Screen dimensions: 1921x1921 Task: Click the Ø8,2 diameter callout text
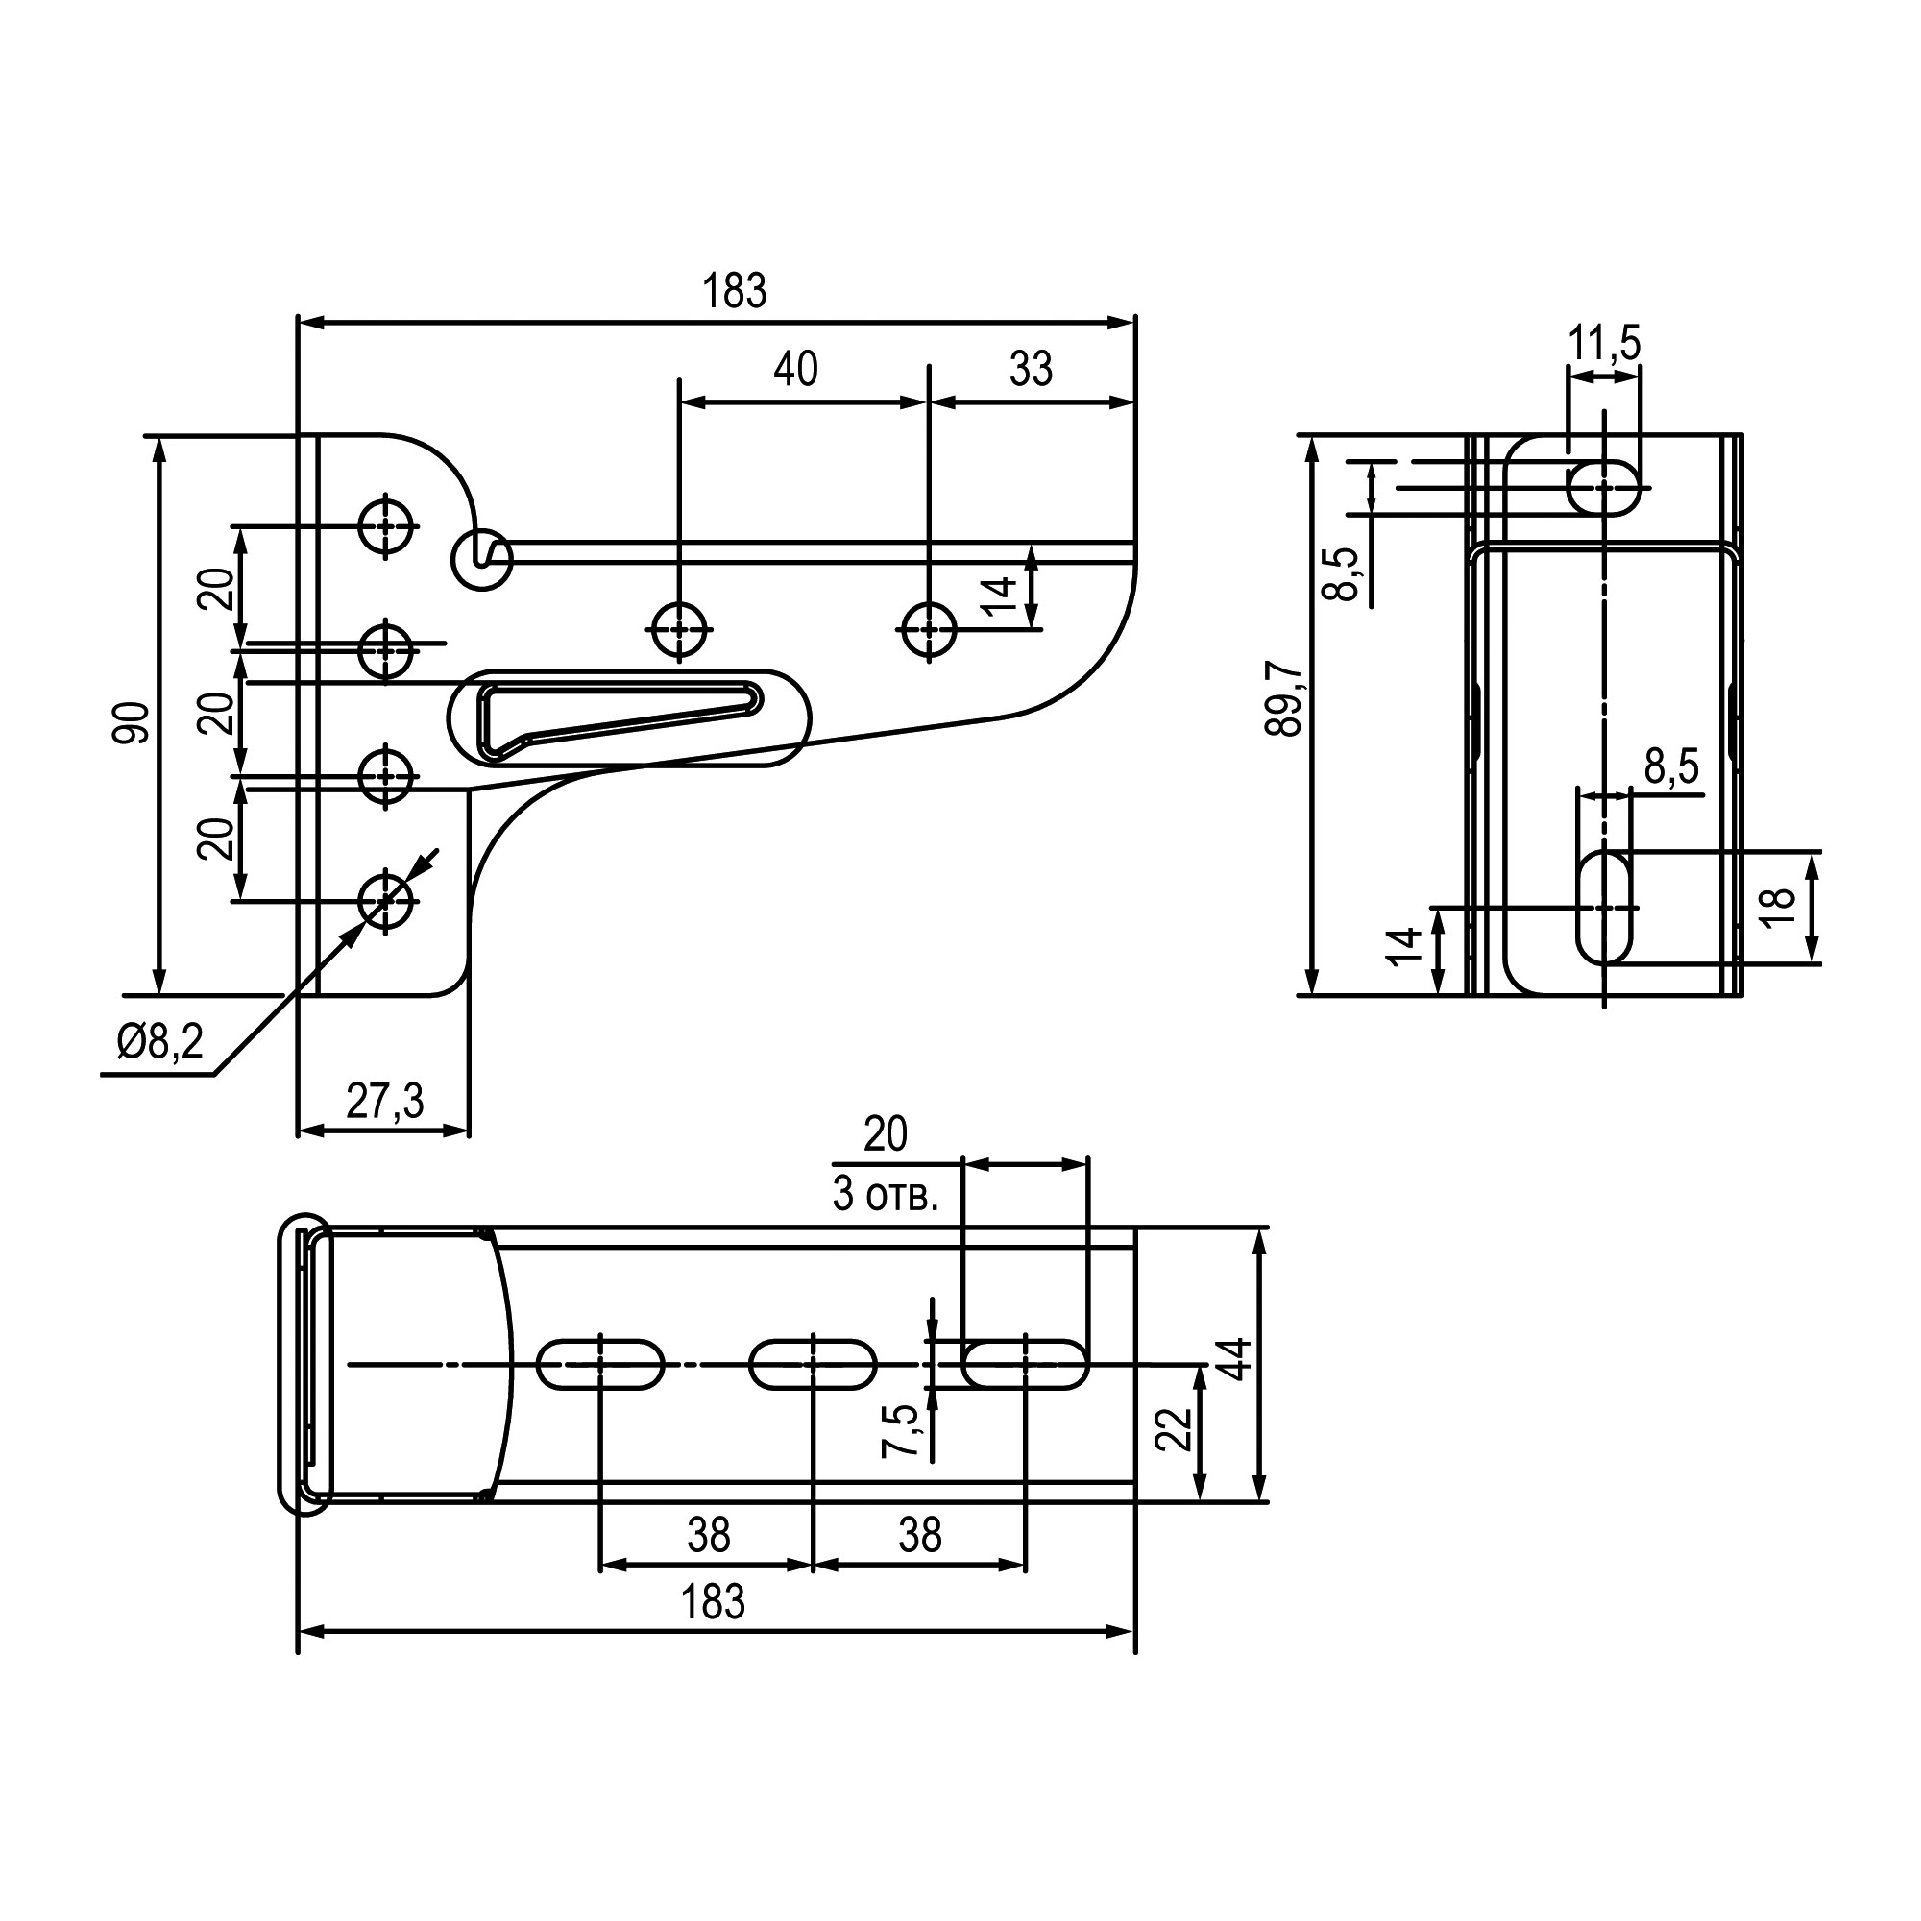pos(159,1043)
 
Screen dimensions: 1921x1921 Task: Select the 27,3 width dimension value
pos(384,1101)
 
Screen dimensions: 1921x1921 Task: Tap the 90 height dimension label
pos(131,723)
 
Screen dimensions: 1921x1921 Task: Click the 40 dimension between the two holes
pos(795,369)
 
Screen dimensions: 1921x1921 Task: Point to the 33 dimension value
pos(1030,369)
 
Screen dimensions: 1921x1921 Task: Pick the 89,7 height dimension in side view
pos(1284,701)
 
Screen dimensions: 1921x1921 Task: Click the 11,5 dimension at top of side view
pos(1604,343)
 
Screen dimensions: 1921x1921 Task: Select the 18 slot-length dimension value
pos(1779,906)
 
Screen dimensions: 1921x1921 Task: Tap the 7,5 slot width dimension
pos(900,1433)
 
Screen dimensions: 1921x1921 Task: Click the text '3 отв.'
pos(885,1196)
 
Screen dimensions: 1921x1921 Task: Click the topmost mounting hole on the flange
pos(386,526)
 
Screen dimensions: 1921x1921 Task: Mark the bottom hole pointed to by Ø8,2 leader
pos(386,901)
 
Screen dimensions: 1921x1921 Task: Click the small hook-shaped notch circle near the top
pos(482,559)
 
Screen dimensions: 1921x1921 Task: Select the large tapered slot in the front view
pos(628,717)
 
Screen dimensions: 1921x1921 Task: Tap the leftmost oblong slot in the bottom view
pos(600,1365)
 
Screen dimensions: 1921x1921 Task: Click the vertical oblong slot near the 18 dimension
pos(1605,907)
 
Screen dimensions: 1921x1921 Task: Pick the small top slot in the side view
pos(1604,488)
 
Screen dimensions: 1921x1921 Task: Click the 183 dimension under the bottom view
pos(713,1604)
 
